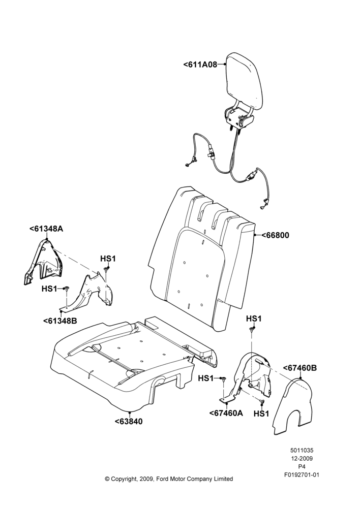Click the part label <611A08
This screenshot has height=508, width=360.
click(x=200, y=65)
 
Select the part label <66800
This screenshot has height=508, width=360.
click(x=275, y=235)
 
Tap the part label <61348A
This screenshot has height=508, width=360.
click(x=46, y=229)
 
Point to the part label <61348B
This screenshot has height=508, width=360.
click(x=60, y=321)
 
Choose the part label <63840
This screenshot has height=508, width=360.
click(x=129, y=422)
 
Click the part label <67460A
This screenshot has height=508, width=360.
click(x=226, y=413)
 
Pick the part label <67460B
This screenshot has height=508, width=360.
click(x=300, y=368)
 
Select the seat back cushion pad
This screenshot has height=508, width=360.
click(x=201, y=259)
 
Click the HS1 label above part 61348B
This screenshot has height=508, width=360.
click(x=108, y=259)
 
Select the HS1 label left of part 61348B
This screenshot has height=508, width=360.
click(x=49, y=289)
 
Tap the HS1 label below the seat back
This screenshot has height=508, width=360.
click(x=254, y=319)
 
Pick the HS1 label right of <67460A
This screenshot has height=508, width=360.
click(x=261, y=414)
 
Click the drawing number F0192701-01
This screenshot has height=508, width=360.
click(x=302, y=475)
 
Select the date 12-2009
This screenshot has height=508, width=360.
click(x=302, y=458)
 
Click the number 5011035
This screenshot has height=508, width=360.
click(x=302, y=450)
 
